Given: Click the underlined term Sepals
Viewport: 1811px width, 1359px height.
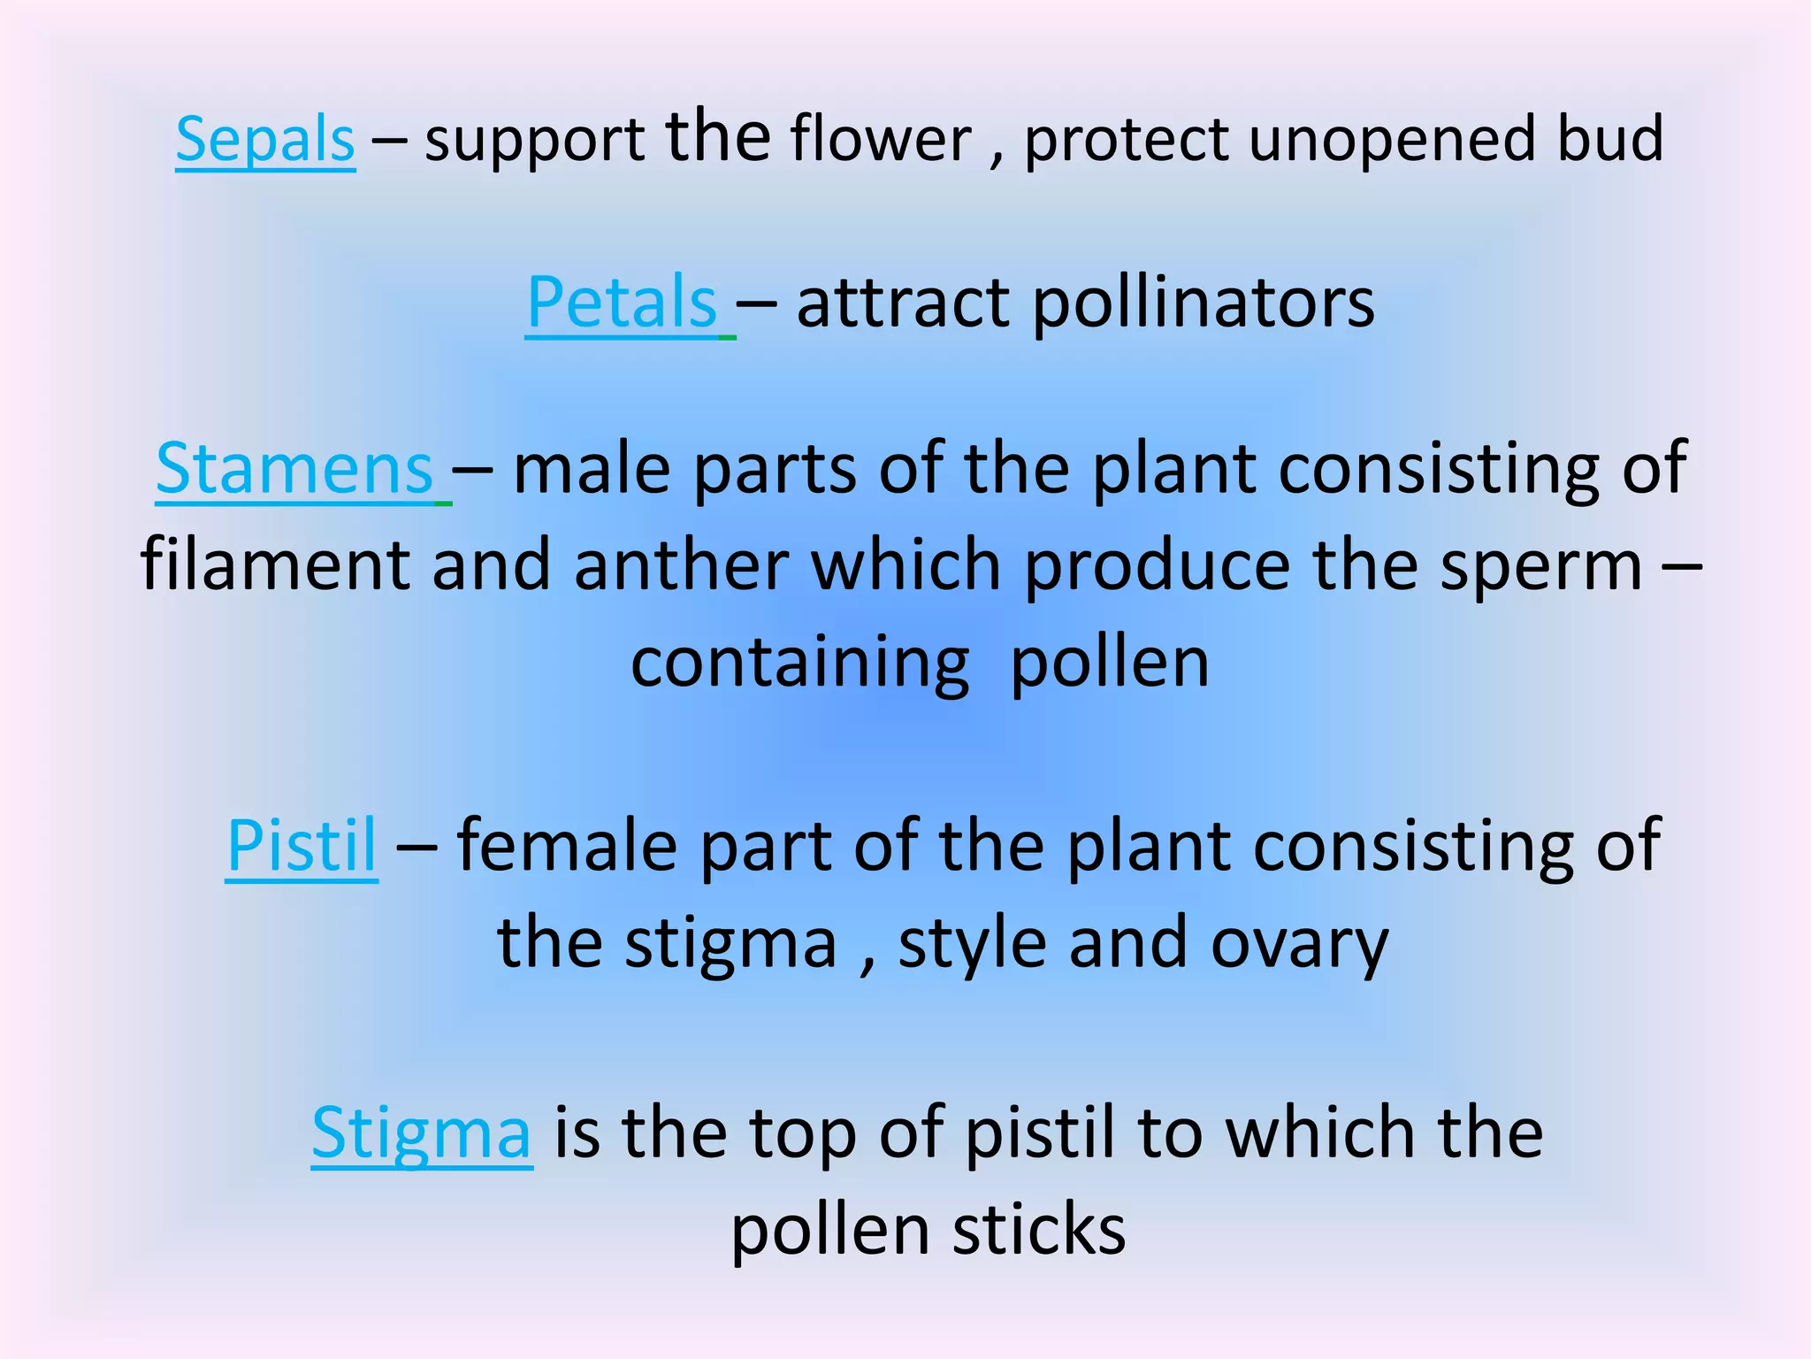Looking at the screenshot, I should click(265, 140).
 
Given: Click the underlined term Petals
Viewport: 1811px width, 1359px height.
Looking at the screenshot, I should click(622, 303).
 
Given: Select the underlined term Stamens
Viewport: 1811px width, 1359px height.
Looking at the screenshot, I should click(294, 468).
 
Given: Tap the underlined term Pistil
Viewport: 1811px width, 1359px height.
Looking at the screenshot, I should click(302, 845).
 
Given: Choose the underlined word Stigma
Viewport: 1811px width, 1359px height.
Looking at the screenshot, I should click(422, 1133).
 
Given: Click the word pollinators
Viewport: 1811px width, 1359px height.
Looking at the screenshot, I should click(1204, 303).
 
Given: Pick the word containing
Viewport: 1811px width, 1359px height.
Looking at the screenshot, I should click(799, 664).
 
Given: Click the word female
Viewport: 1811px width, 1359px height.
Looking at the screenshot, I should click(566, 845).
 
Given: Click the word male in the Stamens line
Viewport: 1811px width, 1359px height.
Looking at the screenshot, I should click(592, 468).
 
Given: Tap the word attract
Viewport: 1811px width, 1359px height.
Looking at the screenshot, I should click(903, 303).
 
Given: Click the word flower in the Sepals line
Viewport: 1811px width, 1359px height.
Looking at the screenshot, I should click(881, 140).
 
